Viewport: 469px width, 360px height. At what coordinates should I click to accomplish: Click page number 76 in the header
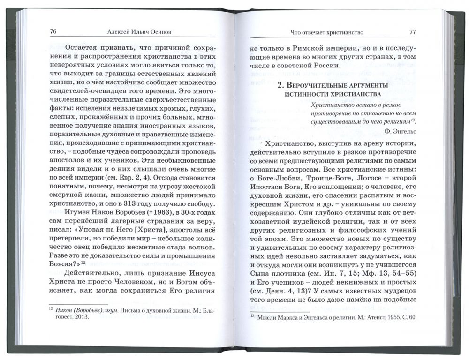53,32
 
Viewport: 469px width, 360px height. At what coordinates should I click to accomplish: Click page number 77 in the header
412,32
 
